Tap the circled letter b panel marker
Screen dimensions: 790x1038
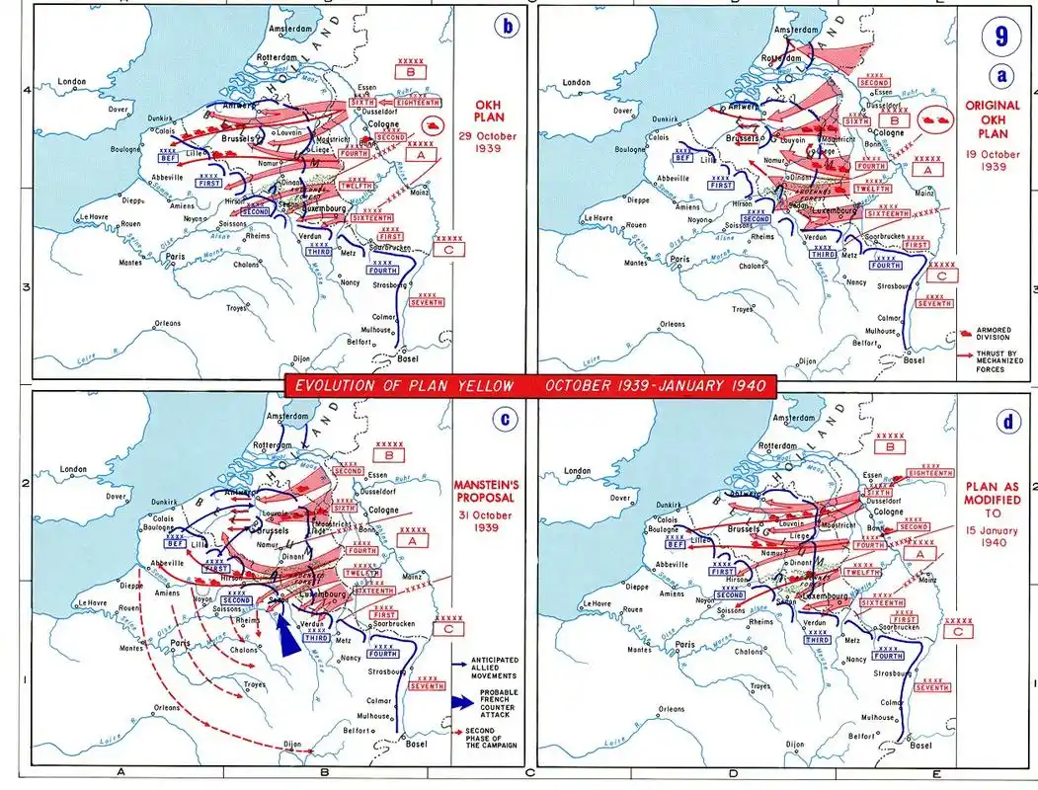tap(507, 27)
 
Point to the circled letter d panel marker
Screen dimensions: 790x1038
tap(1007, 422)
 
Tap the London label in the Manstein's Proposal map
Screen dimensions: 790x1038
tap(73, 469)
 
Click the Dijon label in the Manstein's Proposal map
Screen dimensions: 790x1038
tap(291, 744)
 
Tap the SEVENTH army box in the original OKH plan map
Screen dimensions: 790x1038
tap(933, 303)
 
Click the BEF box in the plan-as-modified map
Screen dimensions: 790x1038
tap(676, 543)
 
